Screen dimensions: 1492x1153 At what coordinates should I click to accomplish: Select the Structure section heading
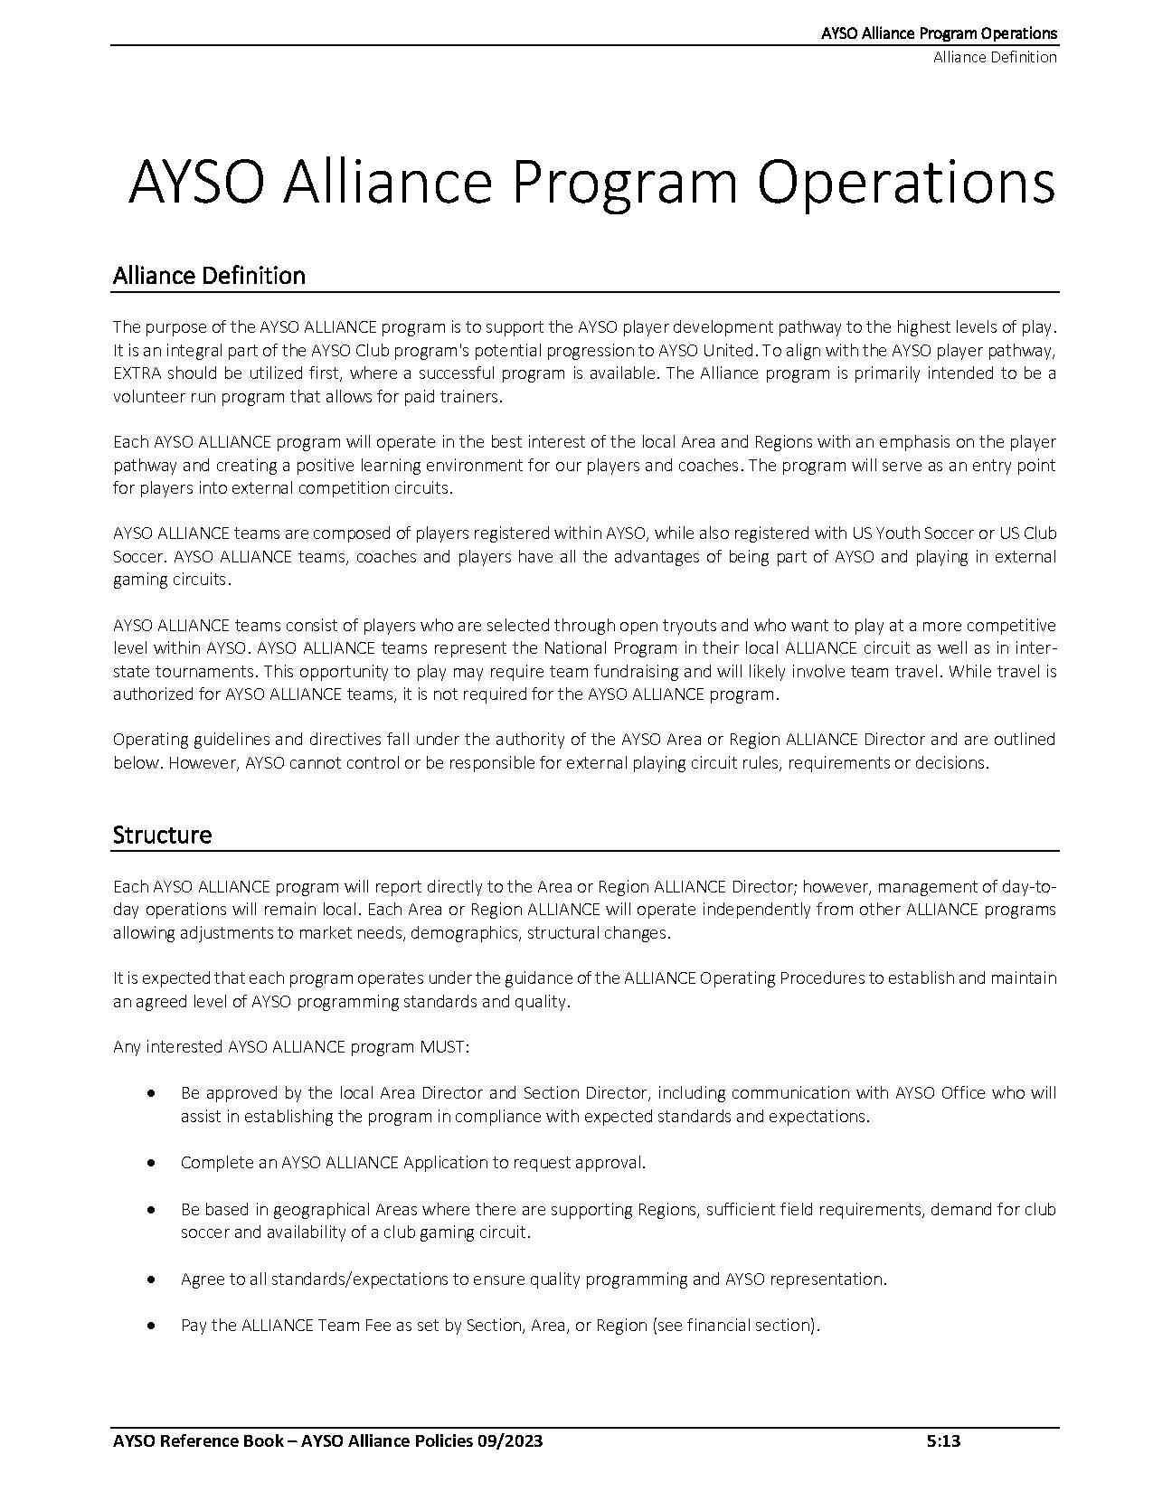pyautogui.click(x=162, y=835)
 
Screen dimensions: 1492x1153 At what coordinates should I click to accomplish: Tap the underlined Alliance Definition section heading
pyautogui.click(x=209, y=276)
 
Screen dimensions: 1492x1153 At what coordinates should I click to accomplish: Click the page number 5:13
pyautogui.click(x=943, y=1441)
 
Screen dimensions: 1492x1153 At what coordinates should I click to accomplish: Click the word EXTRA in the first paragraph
pyautogui.click(x=137, y=373)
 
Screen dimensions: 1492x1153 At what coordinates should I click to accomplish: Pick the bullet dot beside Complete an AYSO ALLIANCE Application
pyautogui.click(x=152, y=1163)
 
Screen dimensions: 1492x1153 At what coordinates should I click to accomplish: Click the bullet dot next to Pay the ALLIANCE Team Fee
pyautogui.click(x=152, y=1326)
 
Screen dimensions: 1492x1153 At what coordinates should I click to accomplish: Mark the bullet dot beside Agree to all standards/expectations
pyautogui.click(x=152, y=1280)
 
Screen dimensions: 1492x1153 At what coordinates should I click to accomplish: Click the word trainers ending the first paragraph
pyautogui.click(x=470, y=397)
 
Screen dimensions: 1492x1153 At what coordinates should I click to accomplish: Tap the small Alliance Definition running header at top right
pyautogui.click(x=995, y=57)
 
